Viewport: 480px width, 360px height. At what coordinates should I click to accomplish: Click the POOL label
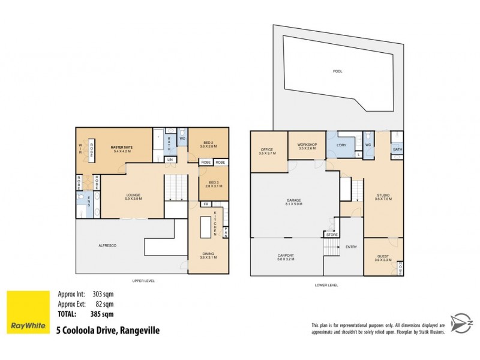tap(337, 71)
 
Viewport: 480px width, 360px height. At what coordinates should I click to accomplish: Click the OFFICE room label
tap(267, 151)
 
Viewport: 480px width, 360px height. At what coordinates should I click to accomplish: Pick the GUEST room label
tap(382, 257)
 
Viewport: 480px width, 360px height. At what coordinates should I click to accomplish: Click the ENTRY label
tap(350, 246)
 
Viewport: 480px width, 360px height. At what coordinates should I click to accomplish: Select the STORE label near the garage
tap(332, 235)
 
